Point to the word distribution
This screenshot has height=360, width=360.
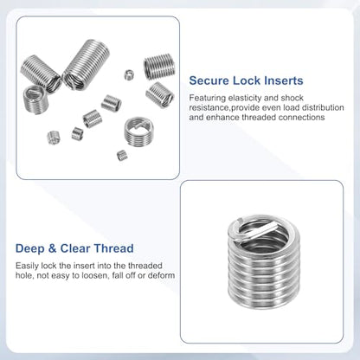[323, 107]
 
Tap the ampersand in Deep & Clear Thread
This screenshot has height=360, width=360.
[52, 248]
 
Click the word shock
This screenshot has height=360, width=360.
[292, 98]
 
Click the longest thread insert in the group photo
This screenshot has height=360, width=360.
[87, 64]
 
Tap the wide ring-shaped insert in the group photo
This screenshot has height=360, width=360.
[138, 131]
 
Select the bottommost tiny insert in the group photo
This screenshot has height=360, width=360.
[122, 156]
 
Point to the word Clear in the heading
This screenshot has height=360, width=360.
[75, 248]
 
